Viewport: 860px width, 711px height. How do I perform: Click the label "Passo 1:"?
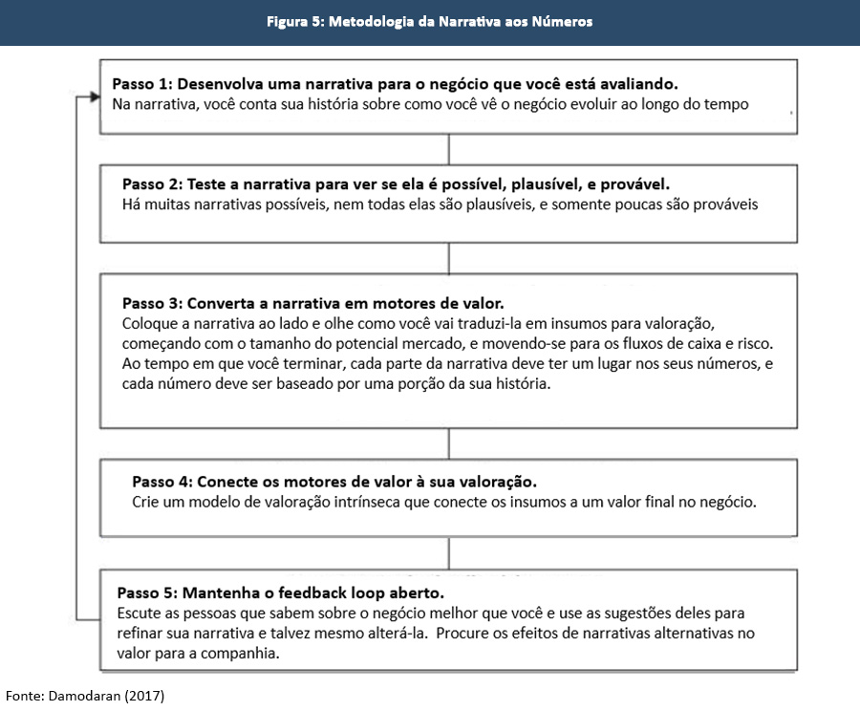pos(142,83)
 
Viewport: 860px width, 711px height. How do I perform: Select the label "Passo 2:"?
pos(153,183)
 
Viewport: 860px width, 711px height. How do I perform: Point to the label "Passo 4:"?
pos(162,481)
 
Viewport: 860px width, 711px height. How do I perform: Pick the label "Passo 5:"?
pos(148,592)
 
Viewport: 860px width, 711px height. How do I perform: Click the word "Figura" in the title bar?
pos(288,22)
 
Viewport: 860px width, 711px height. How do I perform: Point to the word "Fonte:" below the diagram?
pos(23,696)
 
